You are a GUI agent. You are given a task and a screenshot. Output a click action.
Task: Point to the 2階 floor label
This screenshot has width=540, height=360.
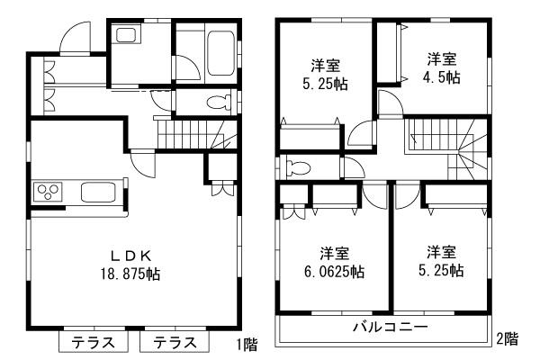click(506, 339)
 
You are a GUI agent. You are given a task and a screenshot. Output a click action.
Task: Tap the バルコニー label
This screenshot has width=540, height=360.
click(389, 326)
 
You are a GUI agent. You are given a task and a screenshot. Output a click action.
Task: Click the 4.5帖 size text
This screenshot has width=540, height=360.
click(441, 77)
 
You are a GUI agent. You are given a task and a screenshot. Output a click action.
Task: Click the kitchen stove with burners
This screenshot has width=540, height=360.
click(47, 191)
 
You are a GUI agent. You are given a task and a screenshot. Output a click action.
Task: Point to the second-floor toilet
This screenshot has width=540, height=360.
click(298, 167)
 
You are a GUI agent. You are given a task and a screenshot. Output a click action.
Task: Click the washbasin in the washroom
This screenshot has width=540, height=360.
click(125, 37)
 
